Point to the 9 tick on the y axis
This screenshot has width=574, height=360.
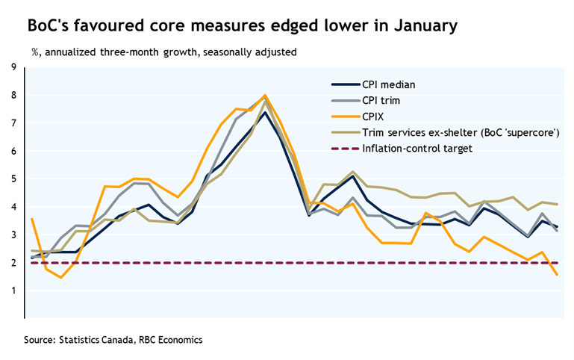13,68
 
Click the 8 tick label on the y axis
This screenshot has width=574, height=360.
13,96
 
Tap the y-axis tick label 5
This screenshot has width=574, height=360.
13,179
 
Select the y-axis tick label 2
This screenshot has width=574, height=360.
13,263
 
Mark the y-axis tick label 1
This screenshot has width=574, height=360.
13,291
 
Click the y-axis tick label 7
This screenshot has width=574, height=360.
13,123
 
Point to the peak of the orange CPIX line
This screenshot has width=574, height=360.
265,96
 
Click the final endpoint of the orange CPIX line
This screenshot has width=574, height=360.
557,275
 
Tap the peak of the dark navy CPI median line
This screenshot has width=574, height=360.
265,112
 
